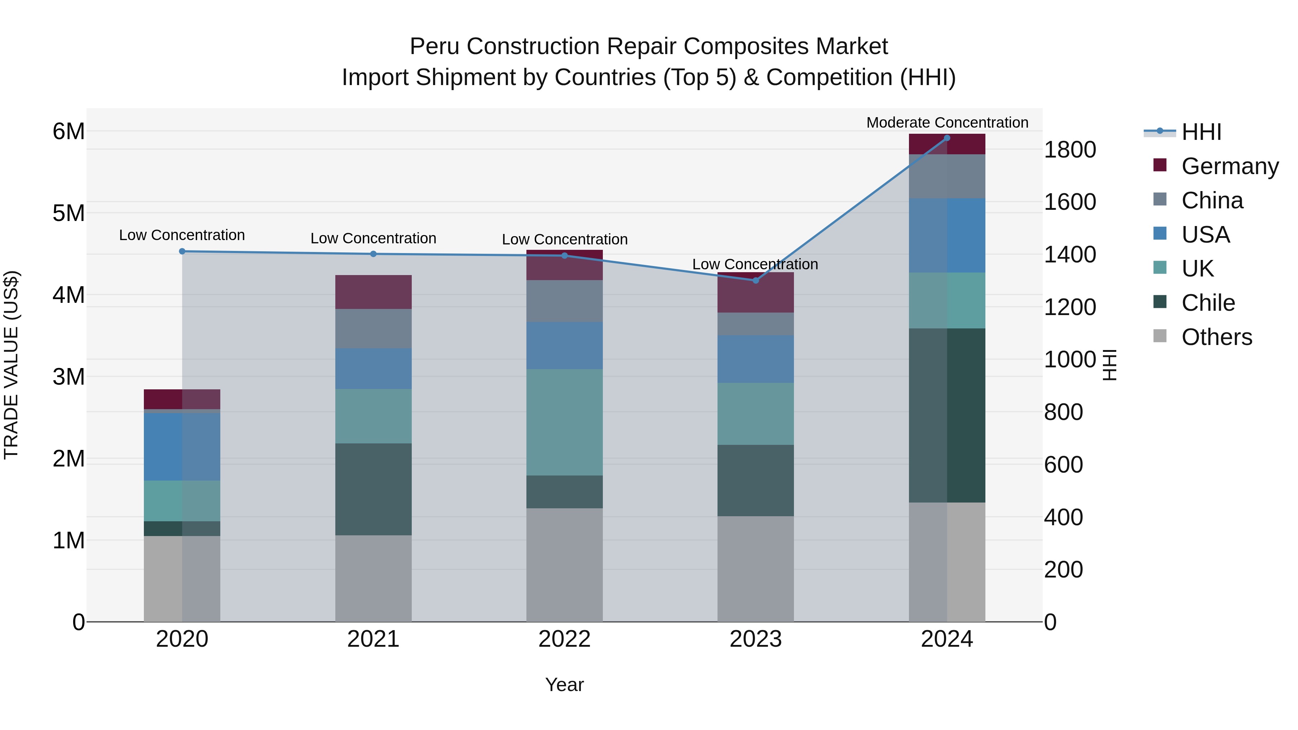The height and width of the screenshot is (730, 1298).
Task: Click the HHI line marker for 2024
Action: (947, 138)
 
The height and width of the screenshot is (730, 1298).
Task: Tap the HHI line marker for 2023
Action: (755, 280)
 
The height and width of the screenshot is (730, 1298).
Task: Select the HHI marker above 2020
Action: (182, 251)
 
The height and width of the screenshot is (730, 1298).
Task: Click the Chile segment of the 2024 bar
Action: (947, 415)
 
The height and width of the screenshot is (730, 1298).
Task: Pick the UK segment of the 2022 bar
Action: (564, 422)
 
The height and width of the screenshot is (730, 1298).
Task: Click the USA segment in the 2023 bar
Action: (755, 359)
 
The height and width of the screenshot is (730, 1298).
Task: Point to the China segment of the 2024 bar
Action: (947, 176)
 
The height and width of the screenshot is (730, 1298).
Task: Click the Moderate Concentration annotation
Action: (947, 123)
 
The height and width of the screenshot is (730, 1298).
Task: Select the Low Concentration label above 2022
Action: (564, 239)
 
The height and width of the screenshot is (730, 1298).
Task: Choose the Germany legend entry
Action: (1229, 166)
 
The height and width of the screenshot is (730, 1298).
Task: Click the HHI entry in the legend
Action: (1201, 132)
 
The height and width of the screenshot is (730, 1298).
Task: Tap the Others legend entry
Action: (1217, 337)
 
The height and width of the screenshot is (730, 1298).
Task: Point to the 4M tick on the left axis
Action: (69, 295)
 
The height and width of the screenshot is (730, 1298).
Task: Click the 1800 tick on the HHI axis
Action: (1069, 150)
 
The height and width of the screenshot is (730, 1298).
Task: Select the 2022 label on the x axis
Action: (564, 639)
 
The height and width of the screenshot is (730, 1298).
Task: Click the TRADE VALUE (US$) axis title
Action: (11, 365)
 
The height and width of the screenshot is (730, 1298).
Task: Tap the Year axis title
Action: (564, 685)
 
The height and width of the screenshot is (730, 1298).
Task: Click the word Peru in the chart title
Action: (433, 47)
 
